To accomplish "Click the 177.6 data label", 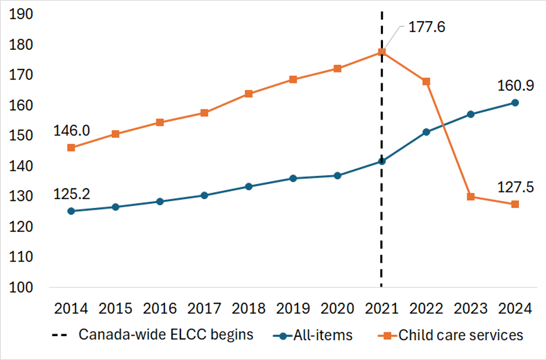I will tap(426, 27).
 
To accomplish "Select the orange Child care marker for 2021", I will tap(381, 52).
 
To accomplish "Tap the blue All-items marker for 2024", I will tap(514, 102).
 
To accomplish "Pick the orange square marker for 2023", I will tap(470, 196).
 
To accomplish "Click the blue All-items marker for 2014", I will tap(71, 211).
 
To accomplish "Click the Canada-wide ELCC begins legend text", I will tap(166, 335).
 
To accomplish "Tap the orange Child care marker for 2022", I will tap(426, 81).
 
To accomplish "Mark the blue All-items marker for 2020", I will tap(337, 175).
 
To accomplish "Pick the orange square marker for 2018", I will tap(249, 93).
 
